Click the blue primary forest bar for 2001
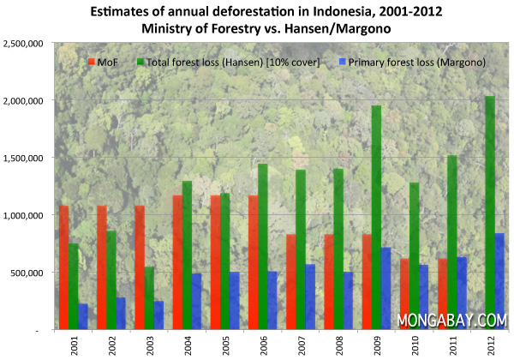click(x=83, y=316)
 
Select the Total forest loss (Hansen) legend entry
click(x=224, y=63)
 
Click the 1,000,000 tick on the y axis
click(x=26, y=215)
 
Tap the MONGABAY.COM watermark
click(x=452, y=320)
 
